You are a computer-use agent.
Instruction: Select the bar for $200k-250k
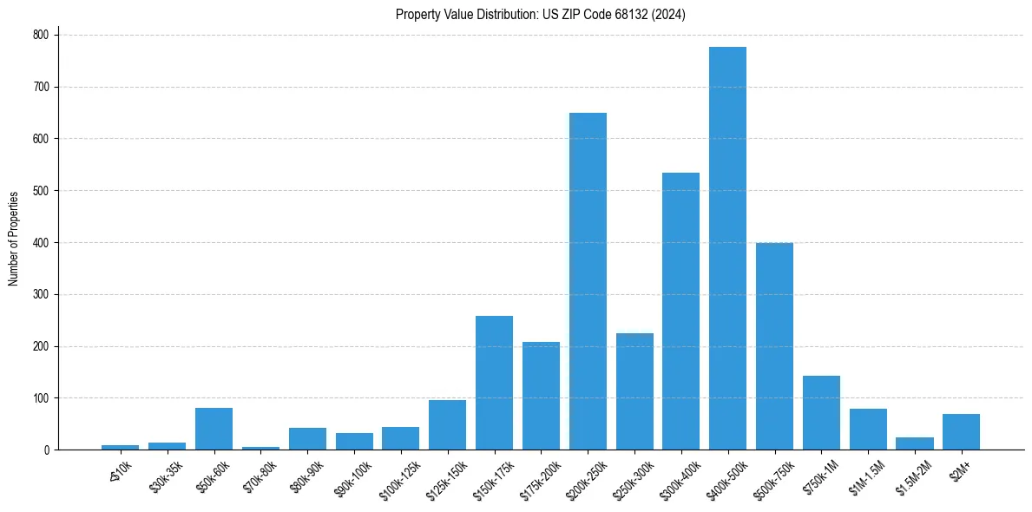pyautogui.click(x=588, y=281)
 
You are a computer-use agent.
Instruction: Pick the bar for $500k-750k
pyautogui.click(x=774, y=346)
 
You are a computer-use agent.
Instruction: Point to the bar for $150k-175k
pyautogui.click(x=494, y=383)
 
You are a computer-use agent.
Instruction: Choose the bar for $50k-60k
pyautogui.click(x=214, y=429)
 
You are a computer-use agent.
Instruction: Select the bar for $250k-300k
pyautogui.click(x=634, y=391)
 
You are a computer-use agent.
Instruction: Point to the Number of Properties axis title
pyautogui.click(x=14, y=239)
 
